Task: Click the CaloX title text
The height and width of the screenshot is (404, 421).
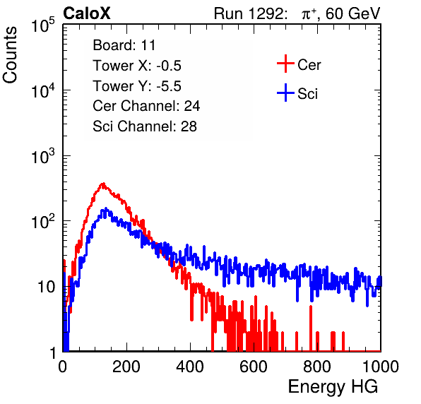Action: click(86, 13)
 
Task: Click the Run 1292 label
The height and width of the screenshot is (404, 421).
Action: click(249, 13)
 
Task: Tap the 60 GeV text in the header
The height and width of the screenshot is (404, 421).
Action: click(352, 13)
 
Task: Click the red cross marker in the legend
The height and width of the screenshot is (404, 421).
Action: click(285, 64)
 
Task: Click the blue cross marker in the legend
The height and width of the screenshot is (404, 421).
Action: click(285, 93)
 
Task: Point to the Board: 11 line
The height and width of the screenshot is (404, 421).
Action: click(124, 45)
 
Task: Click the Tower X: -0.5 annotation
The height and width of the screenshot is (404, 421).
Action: click(137, 66)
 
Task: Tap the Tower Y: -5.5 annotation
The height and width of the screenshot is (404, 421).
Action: click(137, 86)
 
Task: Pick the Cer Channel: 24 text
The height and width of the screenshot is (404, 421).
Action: click(146, 106)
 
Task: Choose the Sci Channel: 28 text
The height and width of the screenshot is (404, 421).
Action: click(145, 126)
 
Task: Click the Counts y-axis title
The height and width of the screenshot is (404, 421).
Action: click(10, 55)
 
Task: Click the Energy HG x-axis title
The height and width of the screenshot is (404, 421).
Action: click(333, 387)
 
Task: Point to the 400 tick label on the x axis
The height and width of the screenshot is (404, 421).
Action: click(190, 367)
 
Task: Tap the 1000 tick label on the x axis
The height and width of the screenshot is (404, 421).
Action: click(381, 367)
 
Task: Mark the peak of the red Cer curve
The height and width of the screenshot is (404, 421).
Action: click(103, 184)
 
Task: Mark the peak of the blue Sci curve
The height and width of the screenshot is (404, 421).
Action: click(106, 208)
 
